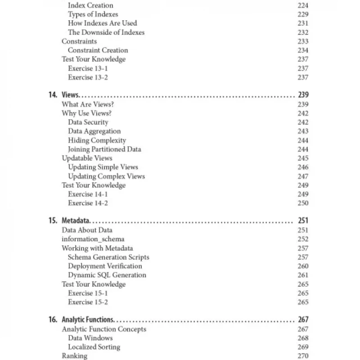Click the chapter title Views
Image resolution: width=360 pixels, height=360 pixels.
point(70,95)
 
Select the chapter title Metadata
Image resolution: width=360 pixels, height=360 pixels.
point(76,221)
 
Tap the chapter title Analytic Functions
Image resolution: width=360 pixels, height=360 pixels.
point(87,320)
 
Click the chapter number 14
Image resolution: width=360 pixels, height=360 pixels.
point(53,95)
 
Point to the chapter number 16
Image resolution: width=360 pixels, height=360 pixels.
point(53,320)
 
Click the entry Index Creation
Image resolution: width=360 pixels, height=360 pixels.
point(90,5)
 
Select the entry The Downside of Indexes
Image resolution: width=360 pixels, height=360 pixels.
point(106,32)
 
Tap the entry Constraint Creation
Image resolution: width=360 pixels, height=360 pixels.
point(98,50)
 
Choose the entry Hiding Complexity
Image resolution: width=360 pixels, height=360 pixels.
point(97,140)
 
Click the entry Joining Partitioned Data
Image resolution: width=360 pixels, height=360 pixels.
point(104,149)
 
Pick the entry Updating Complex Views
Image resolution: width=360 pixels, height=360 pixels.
point(106,176)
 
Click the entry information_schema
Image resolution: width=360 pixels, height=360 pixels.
point(93,239)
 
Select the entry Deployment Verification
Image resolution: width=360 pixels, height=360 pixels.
point(105,266)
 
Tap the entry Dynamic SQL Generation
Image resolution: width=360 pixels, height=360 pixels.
point(107,275)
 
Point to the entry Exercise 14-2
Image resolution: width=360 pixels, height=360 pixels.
point(88,203)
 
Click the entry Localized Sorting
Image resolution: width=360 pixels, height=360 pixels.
point(94,347)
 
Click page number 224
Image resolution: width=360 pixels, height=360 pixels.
point(303,5)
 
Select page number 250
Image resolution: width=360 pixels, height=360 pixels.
point(303,203)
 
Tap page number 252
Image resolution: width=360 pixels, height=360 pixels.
point(303,239)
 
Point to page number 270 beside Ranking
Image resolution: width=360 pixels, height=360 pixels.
point(303,356)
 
